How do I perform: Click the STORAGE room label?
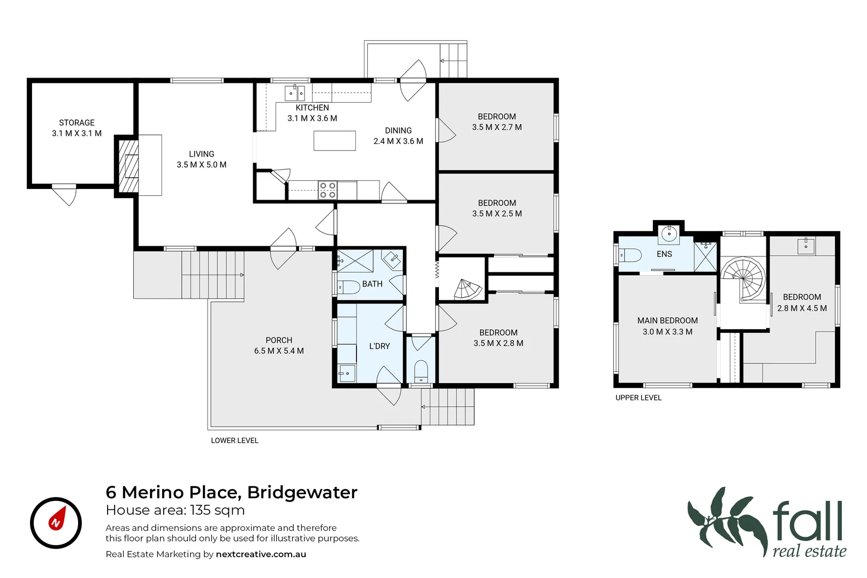pyautogui.click(x=77, y=123)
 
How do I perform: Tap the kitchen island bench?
pyautogui.click(x=334, y=141)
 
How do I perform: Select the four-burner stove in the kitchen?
pyautogui.click(x=328, y=191)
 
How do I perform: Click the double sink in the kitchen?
pyautogui.click(x=294, y=93)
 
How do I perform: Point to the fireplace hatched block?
pyautogui.click(x=128, y=166)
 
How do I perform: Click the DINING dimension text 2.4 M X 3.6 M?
pyautogui.click(x=398, y=141)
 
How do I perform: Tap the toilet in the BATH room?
pyautogui.click(x=348, y=287)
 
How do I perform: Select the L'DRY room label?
pyautogui.click(x=379, y=346)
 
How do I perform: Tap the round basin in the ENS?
pyautogui.click(x=669, y=234)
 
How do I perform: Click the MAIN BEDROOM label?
pyautogui.click(x=667, y=321)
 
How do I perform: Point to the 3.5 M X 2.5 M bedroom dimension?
pyautogui.click(x=497, y=214)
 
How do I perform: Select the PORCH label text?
pyautogui.click(x=279, y=340)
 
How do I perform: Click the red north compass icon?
pyautogui.click(x=56, y=522)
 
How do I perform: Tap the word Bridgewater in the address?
pyautogui.click(x=302, y=492)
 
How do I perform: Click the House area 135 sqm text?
pyautogui.click(x=175, y=510)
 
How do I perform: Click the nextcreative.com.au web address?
pyautogui.click(x=261, y=554)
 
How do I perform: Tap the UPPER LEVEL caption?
pyautogui.click(x=638, y=398)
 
